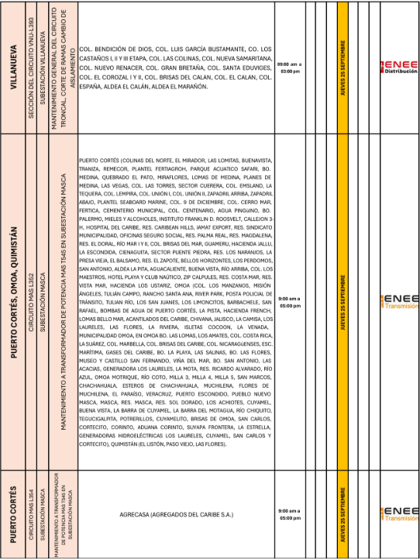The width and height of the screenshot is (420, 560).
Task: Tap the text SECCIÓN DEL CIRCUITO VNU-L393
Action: [x=32, y=67]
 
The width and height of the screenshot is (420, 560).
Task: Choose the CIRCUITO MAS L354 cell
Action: [x=32, y=513]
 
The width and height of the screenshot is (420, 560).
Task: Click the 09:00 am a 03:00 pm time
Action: [x=289, y=67]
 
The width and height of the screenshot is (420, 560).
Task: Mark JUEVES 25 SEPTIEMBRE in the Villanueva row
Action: [x=343, y=67]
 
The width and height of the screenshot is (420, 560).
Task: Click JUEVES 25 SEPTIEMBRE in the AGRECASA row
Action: [x=343, y=513]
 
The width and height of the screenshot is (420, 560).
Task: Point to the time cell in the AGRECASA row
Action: [x=289, y=514]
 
